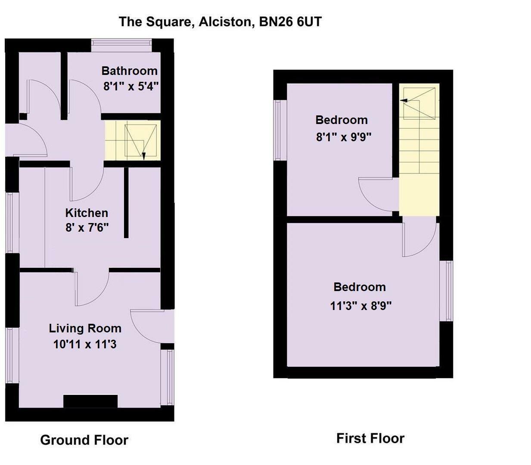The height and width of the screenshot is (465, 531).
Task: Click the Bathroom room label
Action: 129,71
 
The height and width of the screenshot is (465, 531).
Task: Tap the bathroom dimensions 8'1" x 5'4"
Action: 131,86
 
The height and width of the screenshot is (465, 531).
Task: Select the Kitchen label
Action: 87,213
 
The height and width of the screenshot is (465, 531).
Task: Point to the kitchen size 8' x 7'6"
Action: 87,227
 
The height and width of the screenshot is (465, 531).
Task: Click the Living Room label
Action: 85,329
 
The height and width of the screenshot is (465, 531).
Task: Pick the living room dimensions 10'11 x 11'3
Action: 85,344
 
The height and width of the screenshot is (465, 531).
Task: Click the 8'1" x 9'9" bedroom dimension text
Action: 344,137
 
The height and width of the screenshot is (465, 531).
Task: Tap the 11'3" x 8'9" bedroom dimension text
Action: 360,306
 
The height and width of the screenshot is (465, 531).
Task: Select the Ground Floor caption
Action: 84,440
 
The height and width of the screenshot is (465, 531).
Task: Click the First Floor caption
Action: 370,438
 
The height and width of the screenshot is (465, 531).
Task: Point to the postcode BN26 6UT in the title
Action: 290,22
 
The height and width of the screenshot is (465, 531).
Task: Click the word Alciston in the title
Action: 225,22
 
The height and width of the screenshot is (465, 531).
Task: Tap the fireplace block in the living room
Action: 90,401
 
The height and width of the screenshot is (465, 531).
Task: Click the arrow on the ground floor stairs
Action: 144,156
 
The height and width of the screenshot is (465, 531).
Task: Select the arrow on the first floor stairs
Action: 404,101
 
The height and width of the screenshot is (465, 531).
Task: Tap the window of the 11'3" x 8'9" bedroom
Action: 448,291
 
